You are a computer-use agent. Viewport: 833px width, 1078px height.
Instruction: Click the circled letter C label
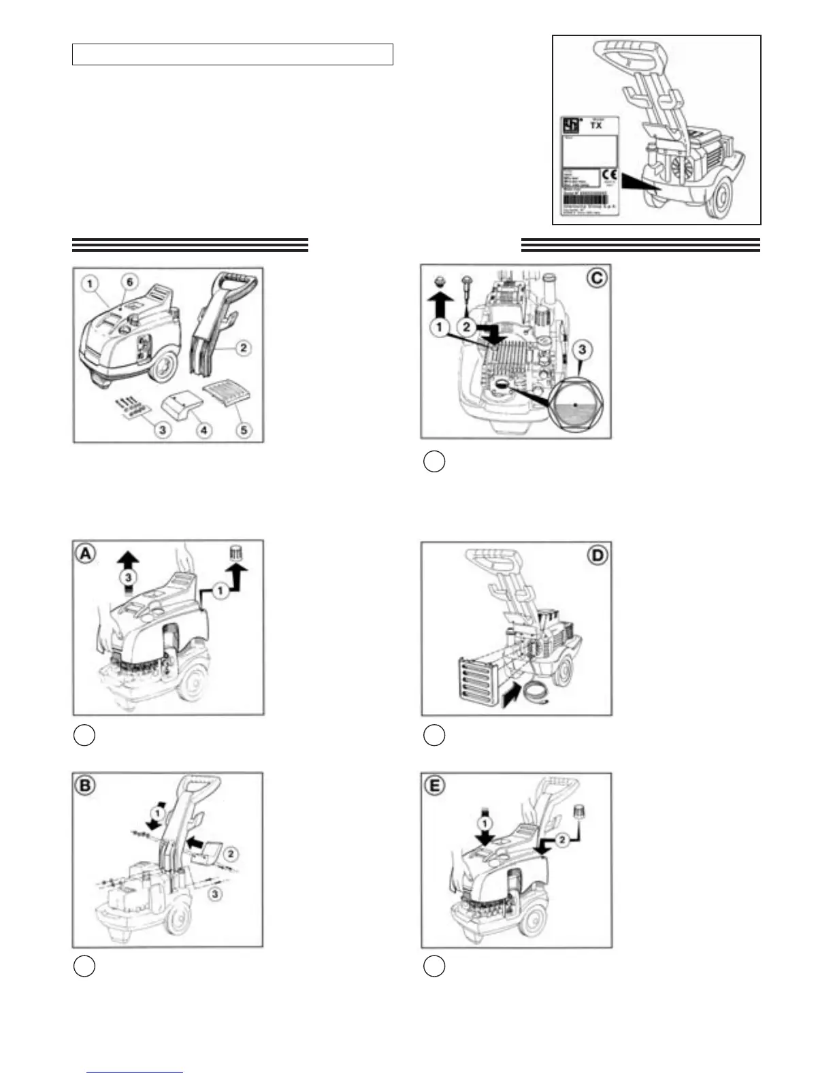pyautogui.click(x=597, y=278)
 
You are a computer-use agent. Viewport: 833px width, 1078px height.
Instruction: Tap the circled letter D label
pyautogui.click(x=597, y=555)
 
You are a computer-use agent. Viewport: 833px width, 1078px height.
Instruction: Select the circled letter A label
pyautogui.click(x=85, y=555)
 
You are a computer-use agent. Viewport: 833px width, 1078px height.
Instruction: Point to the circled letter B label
pyautogui.click(x=85, y=786)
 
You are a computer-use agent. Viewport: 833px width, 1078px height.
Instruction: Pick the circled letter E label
pyautogui.click(x=434, y=786)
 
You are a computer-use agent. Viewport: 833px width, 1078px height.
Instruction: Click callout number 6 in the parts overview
pyautogui.click(x=129, y=282)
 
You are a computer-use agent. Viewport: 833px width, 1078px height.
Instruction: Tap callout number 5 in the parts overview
pyautogui.click(x=243, y=429)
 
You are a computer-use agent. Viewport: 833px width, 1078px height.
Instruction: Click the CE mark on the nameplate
pyautogui.click(x=609, y=175)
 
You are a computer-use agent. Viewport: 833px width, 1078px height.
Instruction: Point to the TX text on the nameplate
pyautogui.click(x=596, y=125)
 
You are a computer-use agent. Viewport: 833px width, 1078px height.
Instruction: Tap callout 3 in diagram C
pyautogui.click(x=581, y=350)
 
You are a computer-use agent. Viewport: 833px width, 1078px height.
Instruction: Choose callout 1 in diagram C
pyautogui.click(x=440, y=327)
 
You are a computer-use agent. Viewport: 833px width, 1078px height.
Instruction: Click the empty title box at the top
pyautogui.click(x=233, y=54)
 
